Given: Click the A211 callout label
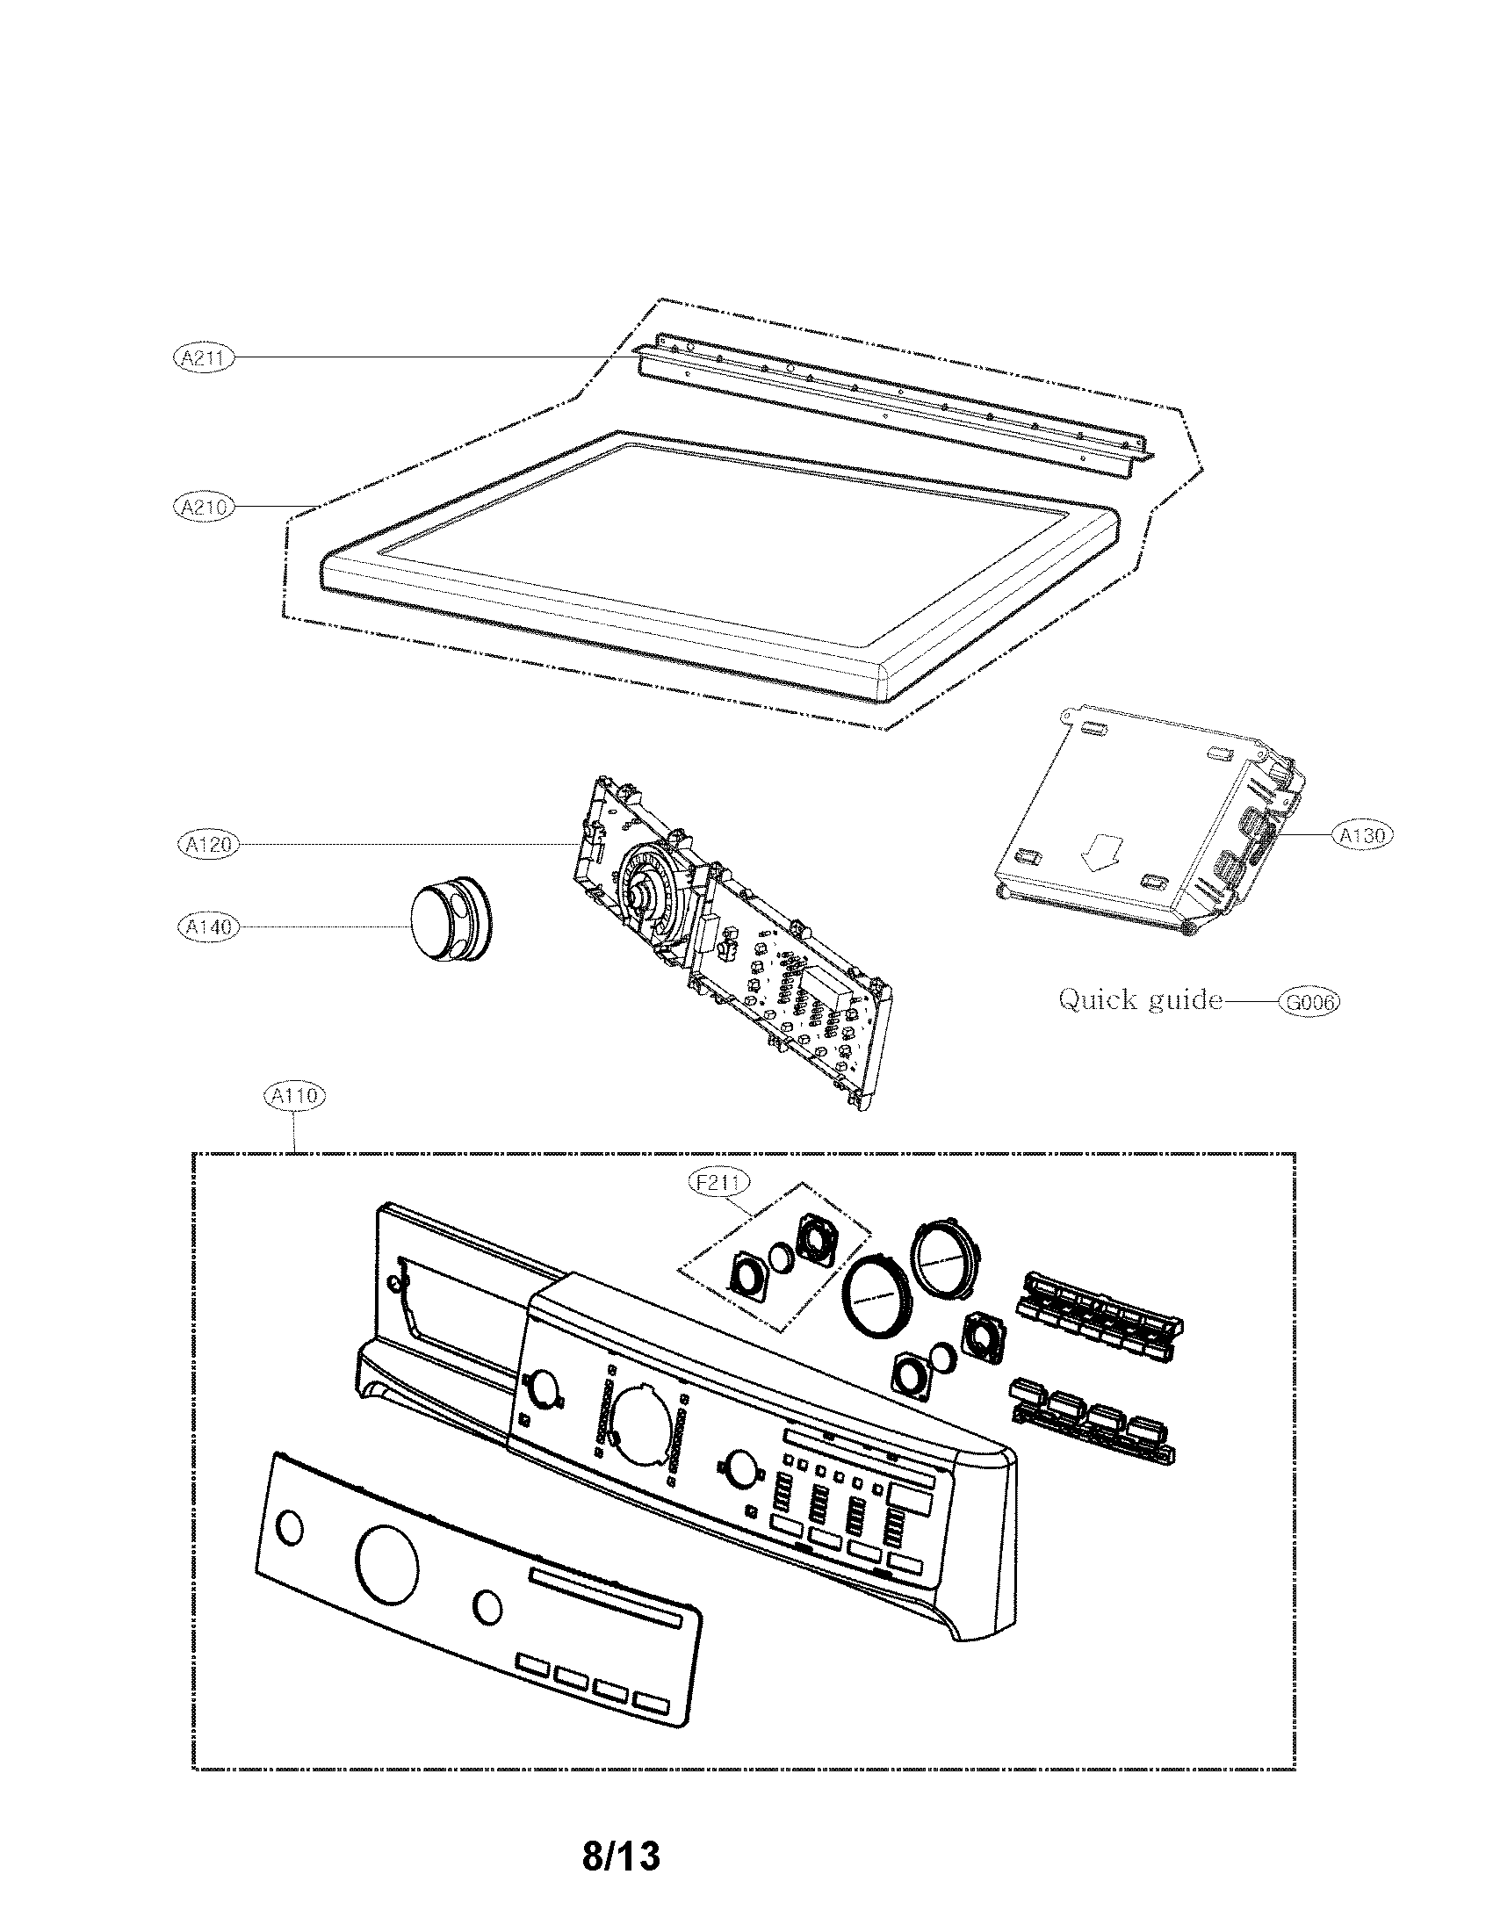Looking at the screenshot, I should [x=203, y=358].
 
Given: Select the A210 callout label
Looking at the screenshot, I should [x=203, y=508].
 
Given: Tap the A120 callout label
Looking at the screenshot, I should [x=208, y=844].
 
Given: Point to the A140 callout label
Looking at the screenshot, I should [x=208, y=926].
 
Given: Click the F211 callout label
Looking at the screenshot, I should [x=719, y=1183].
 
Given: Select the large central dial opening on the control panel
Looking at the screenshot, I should [x=644, y=1421].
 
